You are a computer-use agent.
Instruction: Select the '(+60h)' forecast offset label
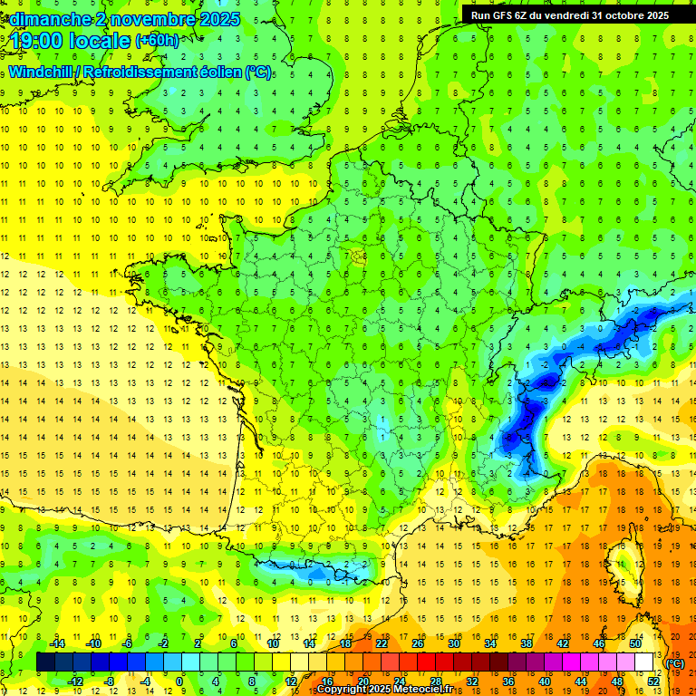pos(157,41)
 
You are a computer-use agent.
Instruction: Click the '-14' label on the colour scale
pos(59,643)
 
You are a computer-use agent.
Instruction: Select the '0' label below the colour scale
pos(179,681)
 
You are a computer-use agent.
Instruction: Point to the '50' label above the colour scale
pos(634,643)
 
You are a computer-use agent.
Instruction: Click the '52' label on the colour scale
pos(652,681)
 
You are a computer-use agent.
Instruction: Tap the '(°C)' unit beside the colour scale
pos(675,663)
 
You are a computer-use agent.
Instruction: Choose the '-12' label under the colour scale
pos(76,681)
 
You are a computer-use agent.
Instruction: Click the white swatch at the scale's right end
pos(643,662)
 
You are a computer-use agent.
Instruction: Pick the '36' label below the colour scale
pos(508,681)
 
